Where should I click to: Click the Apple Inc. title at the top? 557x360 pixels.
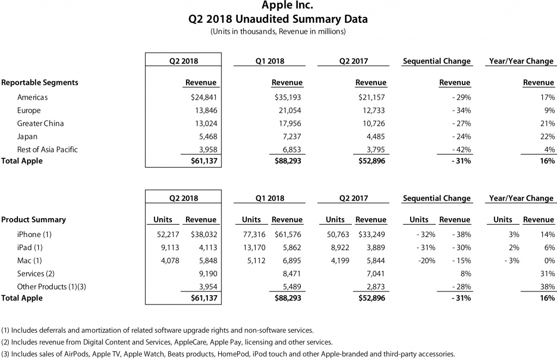(278, 6)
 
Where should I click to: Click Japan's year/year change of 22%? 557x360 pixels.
(547, 136)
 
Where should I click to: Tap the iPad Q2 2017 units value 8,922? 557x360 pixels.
(333, 247)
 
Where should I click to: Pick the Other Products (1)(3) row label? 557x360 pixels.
(47, 287)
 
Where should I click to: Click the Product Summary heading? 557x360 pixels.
(34, 220)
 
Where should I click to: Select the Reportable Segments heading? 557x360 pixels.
(40, 83)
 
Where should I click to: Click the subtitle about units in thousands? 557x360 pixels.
(278, 32)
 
